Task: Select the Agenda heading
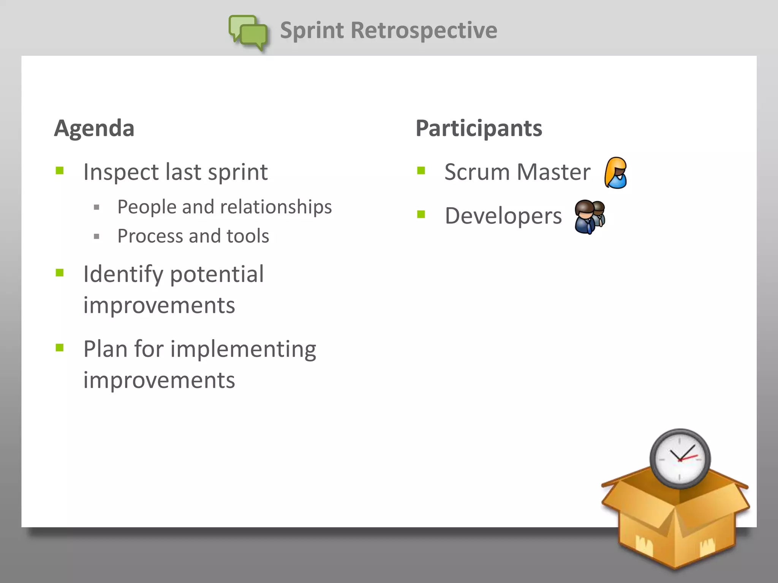(94, 128)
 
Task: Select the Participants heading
(479, 128)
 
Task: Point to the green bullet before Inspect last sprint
(60, 170)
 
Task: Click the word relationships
(276, 207)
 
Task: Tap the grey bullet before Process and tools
(96, 236)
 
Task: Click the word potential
(217, 274)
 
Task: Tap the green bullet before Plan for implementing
(60, 347)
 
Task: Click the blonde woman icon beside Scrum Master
(615, 173)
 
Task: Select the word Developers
(503, 216)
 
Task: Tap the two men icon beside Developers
(590, 217)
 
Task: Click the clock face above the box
(679, 459)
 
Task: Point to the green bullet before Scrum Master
(421, 170)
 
